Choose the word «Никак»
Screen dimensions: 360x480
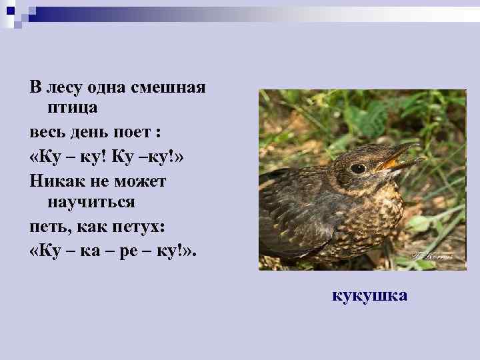click(x=53, y=181)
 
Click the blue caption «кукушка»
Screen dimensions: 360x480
click(x=369, y=295)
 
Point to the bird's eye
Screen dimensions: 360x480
click(x=358, y=168)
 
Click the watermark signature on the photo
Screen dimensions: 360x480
click(x=432, y=254)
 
